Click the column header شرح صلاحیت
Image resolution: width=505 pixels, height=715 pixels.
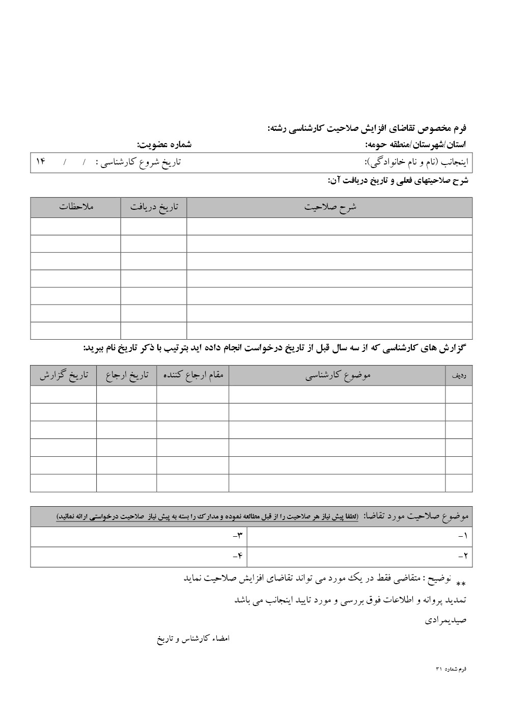330,207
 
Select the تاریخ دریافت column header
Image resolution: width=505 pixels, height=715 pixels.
154,207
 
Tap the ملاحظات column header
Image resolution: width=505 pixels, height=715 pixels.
76,207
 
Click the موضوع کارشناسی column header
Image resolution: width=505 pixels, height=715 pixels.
337,376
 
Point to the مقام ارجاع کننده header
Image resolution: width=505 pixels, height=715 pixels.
193,376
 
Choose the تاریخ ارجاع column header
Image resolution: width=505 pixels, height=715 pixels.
127,376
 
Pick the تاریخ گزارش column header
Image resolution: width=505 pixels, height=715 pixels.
64,376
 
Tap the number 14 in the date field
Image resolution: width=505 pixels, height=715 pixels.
41,162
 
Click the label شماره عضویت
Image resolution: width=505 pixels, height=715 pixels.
164,145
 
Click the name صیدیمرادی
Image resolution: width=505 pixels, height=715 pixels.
445,621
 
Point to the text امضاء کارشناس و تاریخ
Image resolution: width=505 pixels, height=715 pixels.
193,639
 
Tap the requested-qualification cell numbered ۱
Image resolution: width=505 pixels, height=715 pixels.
359,537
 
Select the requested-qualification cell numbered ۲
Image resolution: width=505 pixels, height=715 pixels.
359,557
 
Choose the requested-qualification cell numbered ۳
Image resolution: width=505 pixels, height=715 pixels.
138,537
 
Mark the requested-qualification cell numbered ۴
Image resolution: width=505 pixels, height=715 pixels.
138,557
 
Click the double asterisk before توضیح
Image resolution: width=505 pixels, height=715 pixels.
460,584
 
